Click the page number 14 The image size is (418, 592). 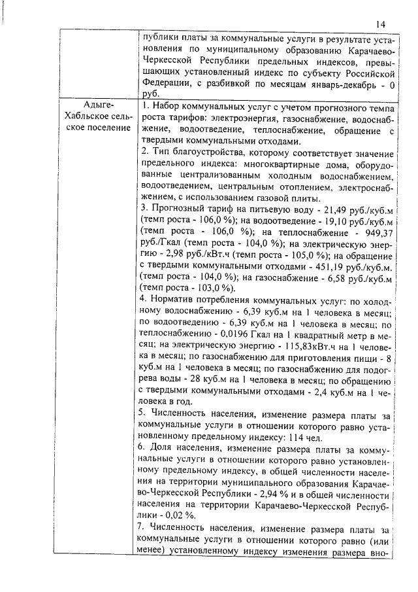click(381, 24)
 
